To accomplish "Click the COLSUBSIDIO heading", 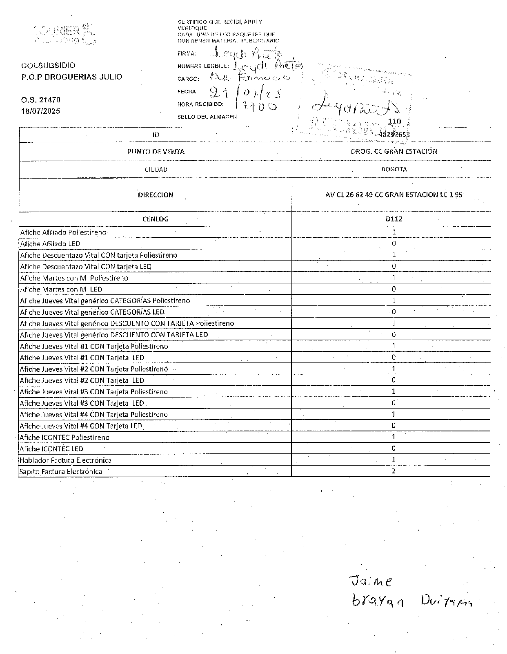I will pyautogui.click(x=48, y=65).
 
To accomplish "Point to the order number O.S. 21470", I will pyautogui.click(x=41, y=99).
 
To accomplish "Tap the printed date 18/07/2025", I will pyautogui.click(x=41, y=111).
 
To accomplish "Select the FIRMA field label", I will pyautogui.click(x=187, y=53).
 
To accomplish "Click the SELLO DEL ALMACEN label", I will pyautogui.click(x=207, y=117).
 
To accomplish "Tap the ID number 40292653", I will pyautogui.click(x=394, y=135).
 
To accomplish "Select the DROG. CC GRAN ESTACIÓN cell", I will pyautogui.click(x=394, y=151).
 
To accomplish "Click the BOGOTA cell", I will pyautogui.click(x=394, y=169).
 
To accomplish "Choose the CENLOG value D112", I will pyautogui.click(x=394, y=219).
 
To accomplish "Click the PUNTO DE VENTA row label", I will pyautogui.click(x=156, y=152).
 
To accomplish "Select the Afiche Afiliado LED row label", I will pyautogui.click(x=50, y=244).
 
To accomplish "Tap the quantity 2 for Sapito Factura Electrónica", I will pyautogui.click(x=394, y=471).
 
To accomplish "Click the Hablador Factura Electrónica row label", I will pyautogui.click(x=65, y=460).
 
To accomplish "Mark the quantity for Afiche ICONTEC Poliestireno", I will pyautogui.click(x=394, y=437).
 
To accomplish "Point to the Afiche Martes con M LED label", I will pyautogui.click(x=61, y=289).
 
